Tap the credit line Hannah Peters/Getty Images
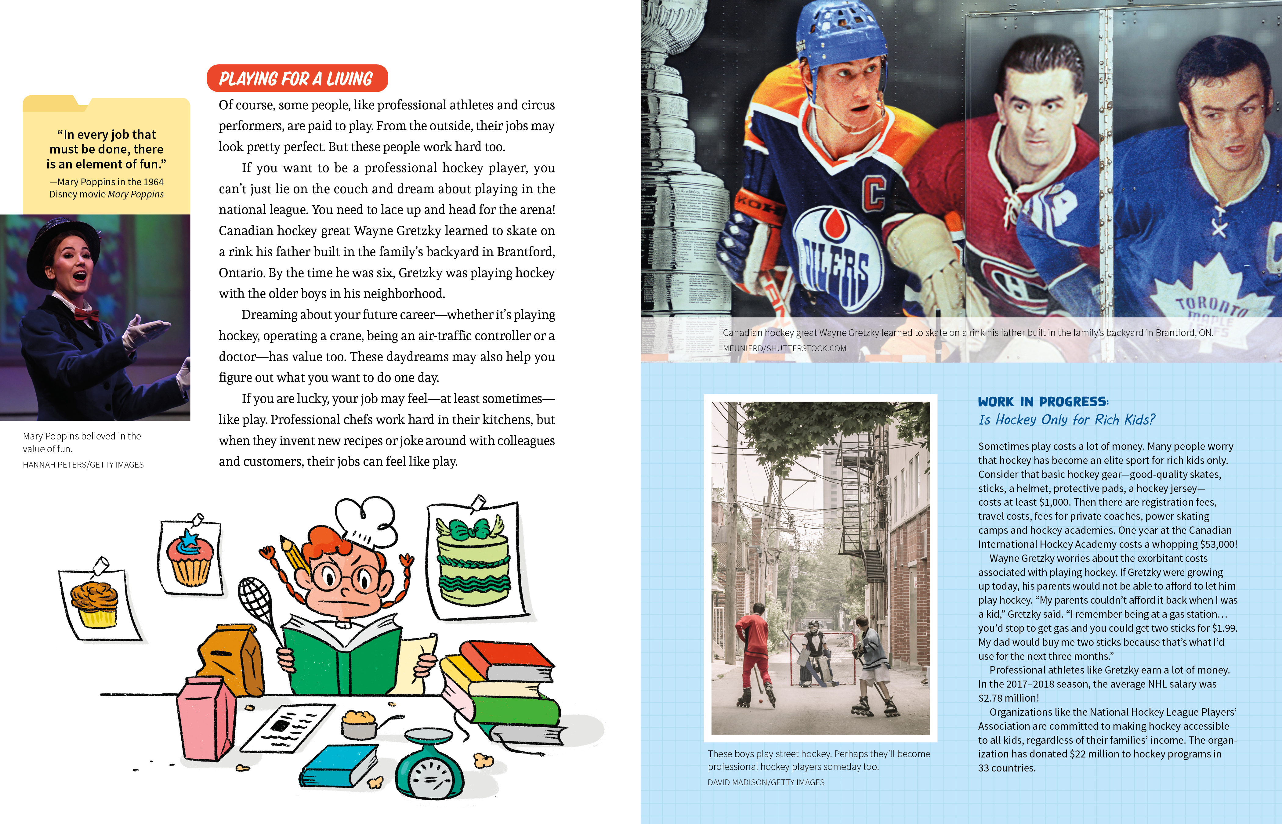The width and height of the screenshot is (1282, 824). pyautogui.click(x=83, y=464)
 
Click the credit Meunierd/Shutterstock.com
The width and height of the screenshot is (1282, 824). pyautogui.click(x=784, y=348)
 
